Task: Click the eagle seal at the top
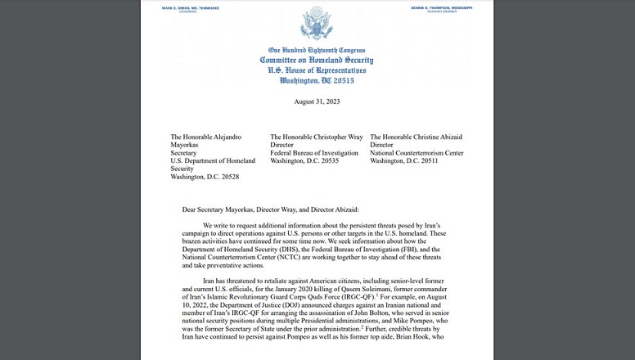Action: click(317, 25)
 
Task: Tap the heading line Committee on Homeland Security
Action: click(317, 61)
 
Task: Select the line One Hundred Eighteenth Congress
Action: click(317, 51)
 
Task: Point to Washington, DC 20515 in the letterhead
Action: click(317, 81)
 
